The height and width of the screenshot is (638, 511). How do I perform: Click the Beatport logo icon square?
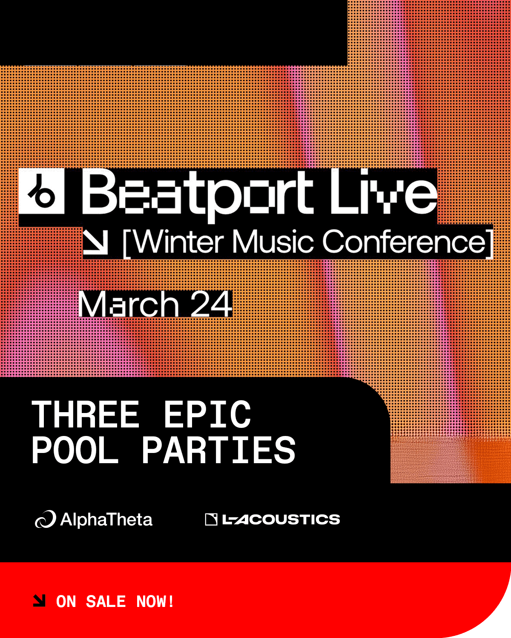(x=41, y=191)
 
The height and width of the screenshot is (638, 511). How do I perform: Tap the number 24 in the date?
(x=211, y=304)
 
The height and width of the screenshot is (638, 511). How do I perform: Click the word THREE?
(x=86, y=415)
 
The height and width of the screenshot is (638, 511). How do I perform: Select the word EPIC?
(x=207, y=415)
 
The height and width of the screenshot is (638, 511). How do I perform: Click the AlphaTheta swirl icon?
(x=46, y=519)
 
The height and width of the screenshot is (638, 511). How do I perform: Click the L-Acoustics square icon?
(x=211, y=519)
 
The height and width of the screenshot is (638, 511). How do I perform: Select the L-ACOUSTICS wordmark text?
(x=281, y=519)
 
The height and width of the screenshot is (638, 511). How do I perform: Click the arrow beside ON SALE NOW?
(x=39, y=601)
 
